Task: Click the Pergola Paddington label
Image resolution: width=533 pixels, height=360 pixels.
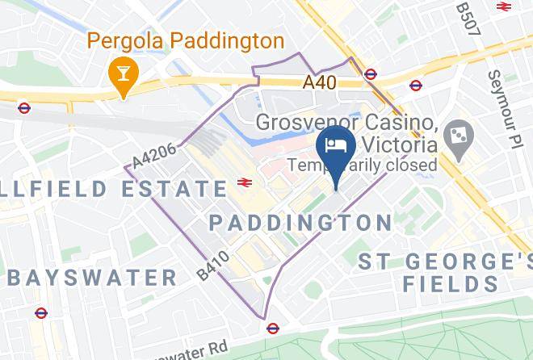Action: click(x=185, y=40)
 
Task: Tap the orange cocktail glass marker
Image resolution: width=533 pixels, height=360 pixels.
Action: click(x=124, y=75)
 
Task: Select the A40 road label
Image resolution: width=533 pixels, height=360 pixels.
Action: click(x=320, y=82)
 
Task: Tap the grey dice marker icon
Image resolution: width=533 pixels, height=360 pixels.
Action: click(x=459, y=135)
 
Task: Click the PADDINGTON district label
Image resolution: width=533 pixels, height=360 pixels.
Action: click(x=300, y=222)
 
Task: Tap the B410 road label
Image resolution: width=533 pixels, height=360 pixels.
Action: click(x=212, y=266)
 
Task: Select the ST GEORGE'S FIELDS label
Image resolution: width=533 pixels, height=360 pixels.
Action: click(x=446, y=272)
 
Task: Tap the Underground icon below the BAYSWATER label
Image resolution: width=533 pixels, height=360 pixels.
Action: click(x=41, y=313)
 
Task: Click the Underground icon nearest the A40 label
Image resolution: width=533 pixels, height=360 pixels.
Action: click(x=370, y=74)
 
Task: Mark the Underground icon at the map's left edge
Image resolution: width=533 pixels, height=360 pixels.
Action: click(x=24, y=107)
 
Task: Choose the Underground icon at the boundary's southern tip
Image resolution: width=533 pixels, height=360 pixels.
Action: click(x=273, y=328)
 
